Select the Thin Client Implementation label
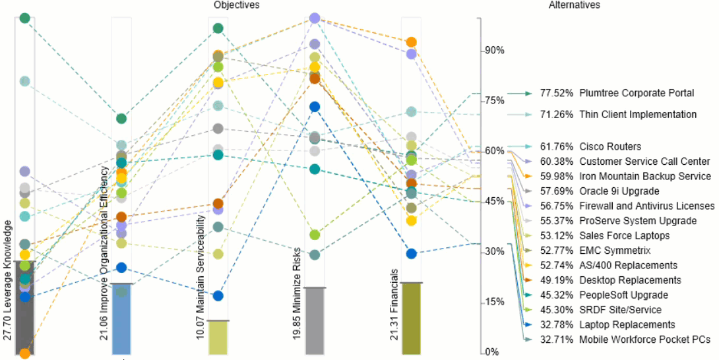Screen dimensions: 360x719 tap(637, 115)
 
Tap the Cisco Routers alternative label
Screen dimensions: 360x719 tap(610, 146)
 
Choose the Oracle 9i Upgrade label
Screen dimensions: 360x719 tap(619, 191)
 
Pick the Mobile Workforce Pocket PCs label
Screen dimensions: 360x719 tap(644, 340)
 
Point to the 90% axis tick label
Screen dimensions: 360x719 tap(495, 51)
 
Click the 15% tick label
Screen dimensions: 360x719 tap(495, 302)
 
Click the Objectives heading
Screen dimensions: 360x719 tap(237, 5)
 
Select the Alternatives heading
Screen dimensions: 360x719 tap(575, 5)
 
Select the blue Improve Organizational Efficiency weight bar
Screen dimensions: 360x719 tap(121, 320)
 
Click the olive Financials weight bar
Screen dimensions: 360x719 tap(412, 319)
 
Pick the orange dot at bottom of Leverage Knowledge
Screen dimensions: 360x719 tap(25, 353)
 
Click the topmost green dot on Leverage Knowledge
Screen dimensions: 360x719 tap(25, 18)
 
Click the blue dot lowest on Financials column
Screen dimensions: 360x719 tap(412, 254)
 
